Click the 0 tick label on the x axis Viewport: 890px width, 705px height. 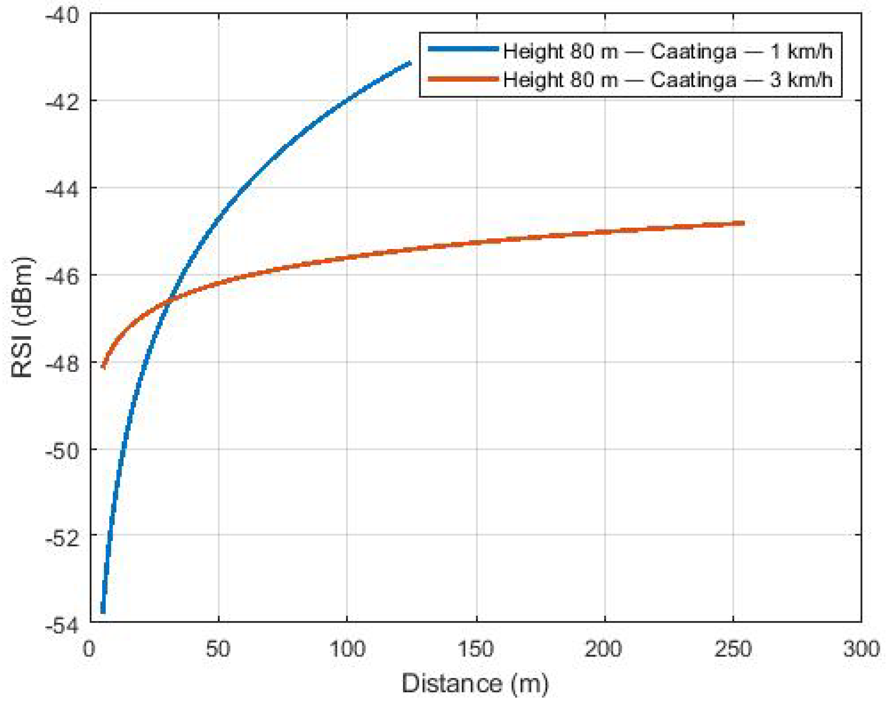pos(89,649)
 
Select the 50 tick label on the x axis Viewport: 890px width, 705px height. pos(218,649)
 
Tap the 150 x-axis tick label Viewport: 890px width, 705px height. pos(476,649)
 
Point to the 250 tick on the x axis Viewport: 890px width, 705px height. pos(733,649)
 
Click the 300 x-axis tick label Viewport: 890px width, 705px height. pos(861,649)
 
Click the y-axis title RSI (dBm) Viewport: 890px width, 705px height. pos(23,318)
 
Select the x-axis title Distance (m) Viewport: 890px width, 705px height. pos(475,683)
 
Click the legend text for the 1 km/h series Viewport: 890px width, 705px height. pos(668,52)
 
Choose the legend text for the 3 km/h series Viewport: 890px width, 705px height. pos(668,79)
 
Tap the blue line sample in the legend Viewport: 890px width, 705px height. pos(463,49)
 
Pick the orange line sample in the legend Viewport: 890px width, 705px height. pos(463,79)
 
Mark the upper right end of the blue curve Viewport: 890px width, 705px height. pos(410,63)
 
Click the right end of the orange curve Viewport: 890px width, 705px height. pos(743,224)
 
